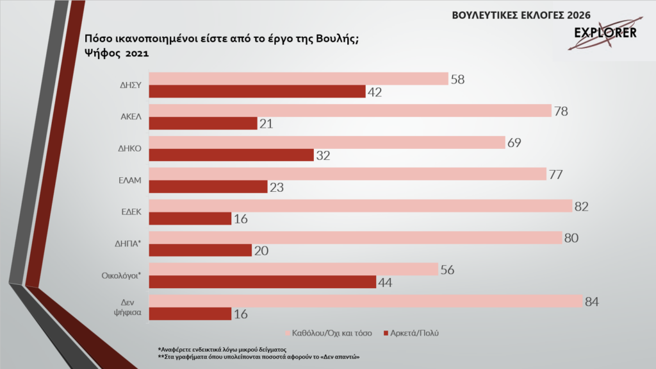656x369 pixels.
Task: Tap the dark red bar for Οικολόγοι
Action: (x=262, y=282)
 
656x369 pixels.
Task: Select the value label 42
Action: (x=375, y=92)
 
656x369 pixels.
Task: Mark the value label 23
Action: (x=277, y=187)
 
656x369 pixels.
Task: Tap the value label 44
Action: (x=385, y=282)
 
